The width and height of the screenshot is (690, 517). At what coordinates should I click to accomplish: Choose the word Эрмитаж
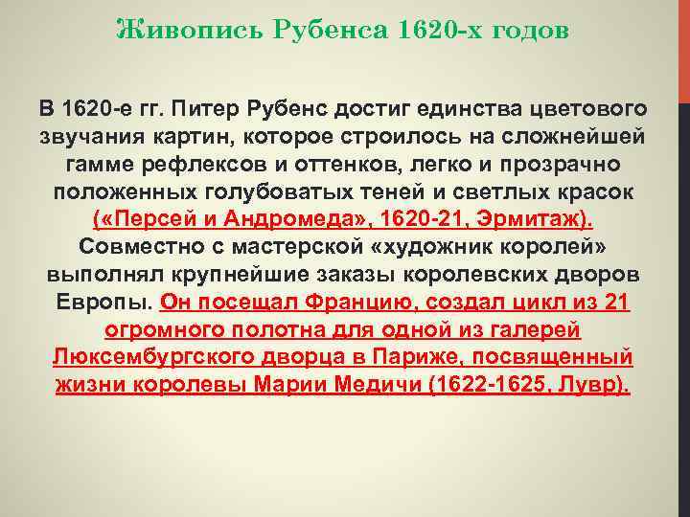[x=538, y=217]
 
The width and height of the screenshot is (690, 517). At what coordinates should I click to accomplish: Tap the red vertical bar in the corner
[x=683, y=48]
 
